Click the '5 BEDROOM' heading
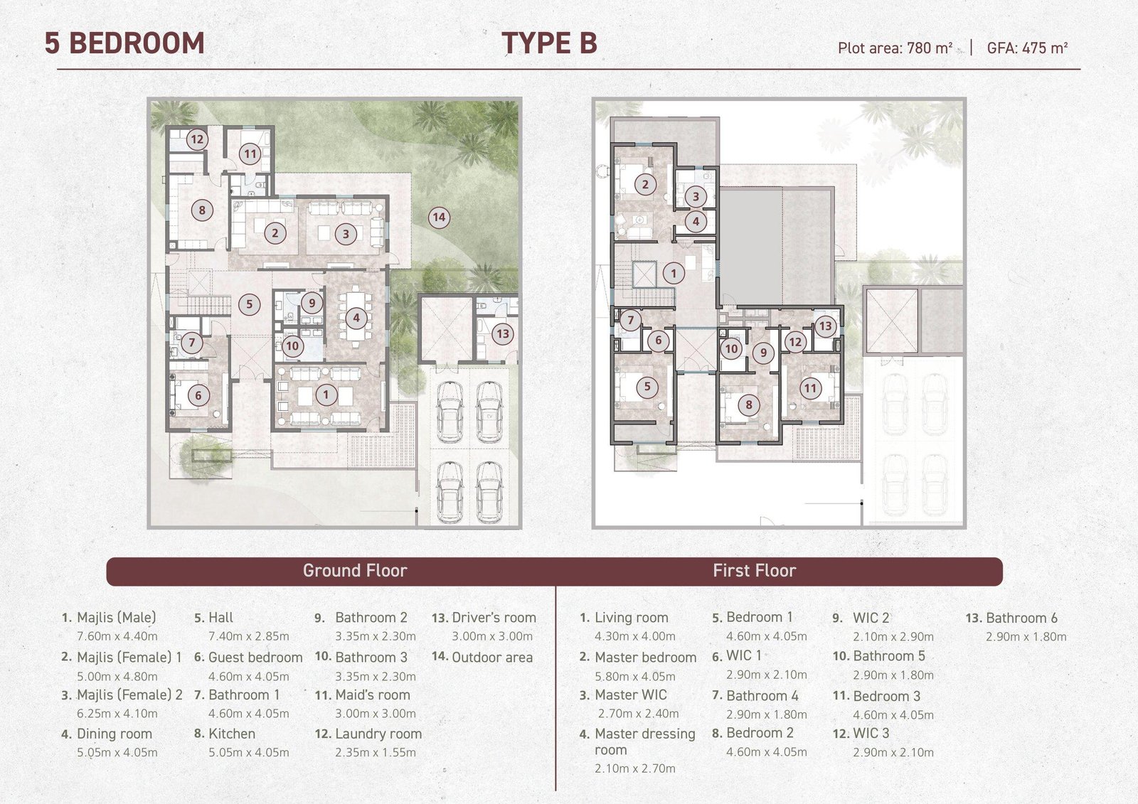124,43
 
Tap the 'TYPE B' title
549,43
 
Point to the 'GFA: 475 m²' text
1027,48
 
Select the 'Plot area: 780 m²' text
895,48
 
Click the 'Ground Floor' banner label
355,570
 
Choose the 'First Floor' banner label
755,570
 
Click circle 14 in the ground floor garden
439,218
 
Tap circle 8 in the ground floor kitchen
202,210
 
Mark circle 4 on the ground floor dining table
356,318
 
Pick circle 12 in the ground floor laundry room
197,139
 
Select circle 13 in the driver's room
503,333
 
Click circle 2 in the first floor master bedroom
645,184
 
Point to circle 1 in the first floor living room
674,273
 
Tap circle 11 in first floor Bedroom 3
810,389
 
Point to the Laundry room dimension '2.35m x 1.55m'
376,752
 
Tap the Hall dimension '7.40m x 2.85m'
249,636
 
